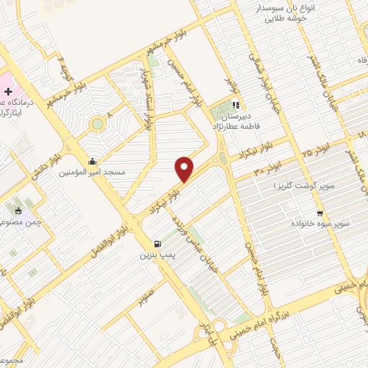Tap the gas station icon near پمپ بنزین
tap(157, 244)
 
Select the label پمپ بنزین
tap(157, 255)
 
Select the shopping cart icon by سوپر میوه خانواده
tap(320, 213)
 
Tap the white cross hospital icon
tap(8, 92)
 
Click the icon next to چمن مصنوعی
tap(19, 211)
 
